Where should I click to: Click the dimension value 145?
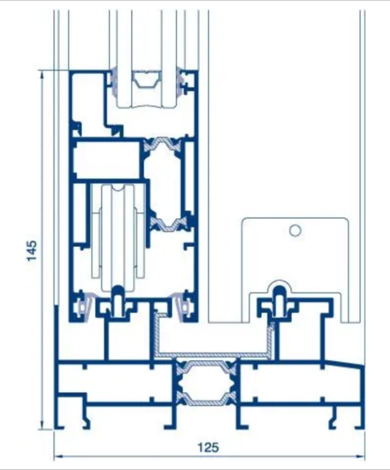click(32, 251)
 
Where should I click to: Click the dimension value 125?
click(209, 448)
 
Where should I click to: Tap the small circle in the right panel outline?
click(295, 231)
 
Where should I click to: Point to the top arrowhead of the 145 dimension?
click(42, 75)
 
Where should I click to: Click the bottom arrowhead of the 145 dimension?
click(42, 425)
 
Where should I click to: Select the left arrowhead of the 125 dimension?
click(58, 456)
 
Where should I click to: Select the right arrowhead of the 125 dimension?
click(360, 456)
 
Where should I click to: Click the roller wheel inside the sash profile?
click(118, 237)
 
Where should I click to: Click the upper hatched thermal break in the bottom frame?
click(206, 367)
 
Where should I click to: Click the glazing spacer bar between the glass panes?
click(147, 79)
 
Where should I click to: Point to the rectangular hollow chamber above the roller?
click(107, 159)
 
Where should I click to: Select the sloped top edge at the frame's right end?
click(344, 363)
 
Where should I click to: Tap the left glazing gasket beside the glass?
click(114, 81)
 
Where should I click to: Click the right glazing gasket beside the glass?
click(180, 81)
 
